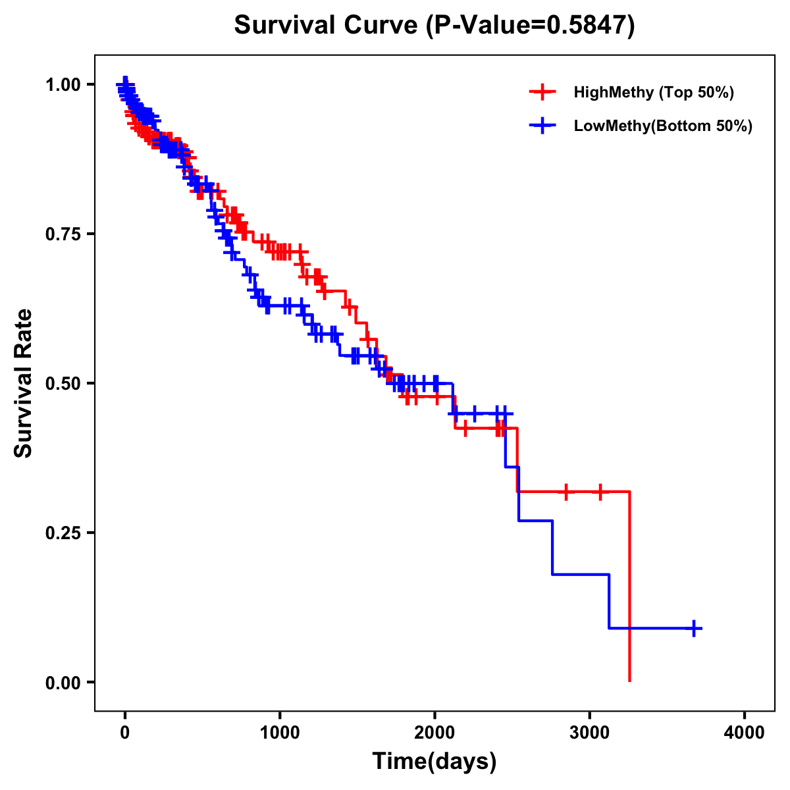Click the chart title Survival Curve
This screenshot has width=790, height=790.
pos(327,26)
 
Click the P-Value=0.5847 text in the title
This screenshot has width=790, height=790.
pos(530,26)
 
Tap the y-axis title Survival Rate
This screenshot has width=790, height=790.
pos(24,383)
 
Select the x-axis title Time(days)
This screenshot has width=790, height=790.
pos(434,762)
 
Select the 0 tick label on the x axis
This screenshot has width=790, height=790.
pos(125,733)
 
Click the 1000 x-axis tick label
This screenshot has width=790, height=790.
pos(280,733)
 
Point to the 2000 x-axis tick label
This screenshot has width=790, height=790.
pos(434,733)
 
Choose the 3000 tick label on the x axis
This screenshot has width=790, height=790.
pos(590,733)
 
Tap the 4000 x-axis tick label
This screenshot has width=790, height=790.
pos(745,733)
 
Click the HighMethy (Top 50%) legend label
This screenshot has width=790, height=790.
pos(654,92)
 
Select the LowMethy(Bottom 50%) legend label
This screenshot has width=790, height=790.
pos(663,126)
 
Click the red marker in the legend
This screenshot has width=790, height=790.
pos(542,92)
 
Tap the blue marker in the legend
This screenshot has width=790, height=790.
pos(542,126)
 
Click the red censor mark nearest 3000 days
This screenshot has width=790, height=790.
pos(600,492)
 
